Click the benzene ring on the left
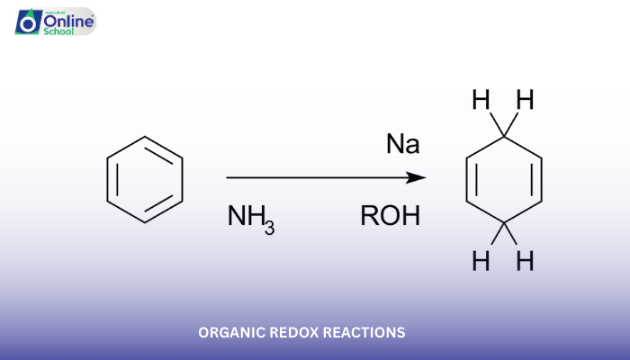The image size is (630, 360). click(145, 179)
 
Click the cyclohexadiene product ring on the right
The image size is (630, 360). click(504, 179)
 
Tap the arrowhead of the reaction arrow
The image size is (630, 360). click(418, 178)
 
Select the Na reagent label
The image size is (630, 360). click(403, 144)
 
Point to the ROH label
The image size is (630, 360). click(390, 217)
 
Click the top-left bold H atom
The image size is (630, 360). click(481, 100)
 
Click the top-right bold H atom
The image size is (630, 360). click(525, 100)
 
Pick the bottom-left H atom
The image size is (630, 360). click(481, 262)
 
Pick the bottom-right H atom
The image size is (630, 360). click(525, 262)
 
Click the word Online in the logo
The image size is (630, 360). click(68, 17)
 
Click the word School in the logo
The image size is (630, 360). click(60, 30)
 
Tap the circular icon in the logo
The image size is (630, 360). click(28, 22)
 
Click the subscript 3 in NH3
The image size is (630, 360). click(269, 229)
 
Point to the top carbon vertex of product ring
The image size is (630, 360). click(504, 136)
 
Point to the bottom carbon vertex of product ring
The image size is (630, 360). click(504, 222)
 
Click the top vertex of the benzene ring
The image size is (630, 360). click(145, 136)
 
